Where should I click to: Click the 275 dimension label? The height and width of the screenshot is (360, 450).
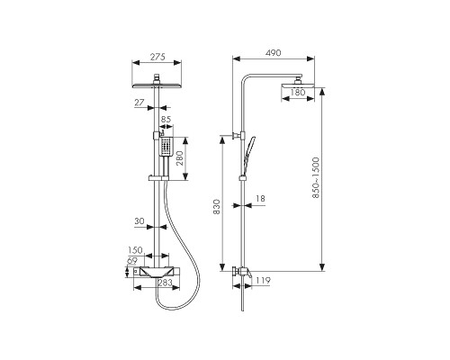157,57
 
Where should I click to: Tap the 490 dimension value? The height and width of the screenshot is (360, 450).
274,53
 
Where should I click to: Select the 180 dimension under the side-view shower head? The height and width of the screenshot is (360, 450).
298,92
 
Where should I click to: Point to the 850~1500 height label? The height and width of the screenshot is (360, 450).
316,177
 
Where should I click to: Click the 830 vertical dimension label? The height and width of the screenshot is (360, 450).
217,207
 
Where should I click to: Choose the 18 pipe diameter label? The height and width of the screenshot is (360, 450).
260,199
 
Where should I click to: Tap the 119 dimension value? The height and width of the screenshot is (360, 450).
263,281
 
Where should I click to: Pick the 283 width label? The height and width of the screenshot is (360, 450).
165,283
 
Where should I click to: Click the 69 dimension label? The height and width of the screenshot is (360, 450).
132,261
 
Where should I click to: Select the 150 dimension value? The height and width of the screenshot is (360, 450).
135,250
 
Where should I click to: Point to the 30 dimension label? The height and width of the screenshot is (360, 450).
139,221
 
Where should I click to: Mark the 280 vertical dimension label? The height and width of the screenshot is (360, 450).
180,158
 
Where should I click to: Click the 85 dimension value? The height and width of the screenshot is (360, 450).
166,119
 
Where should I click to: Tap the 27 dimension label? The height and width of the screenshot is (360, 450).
139,103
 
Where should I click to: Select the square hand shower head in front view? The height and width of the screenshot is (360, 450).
165,147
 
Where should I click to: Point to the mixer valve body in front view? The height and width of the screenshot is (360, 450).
157,272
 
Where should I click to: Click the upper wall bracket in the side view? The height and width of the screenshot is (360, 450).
237,136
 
